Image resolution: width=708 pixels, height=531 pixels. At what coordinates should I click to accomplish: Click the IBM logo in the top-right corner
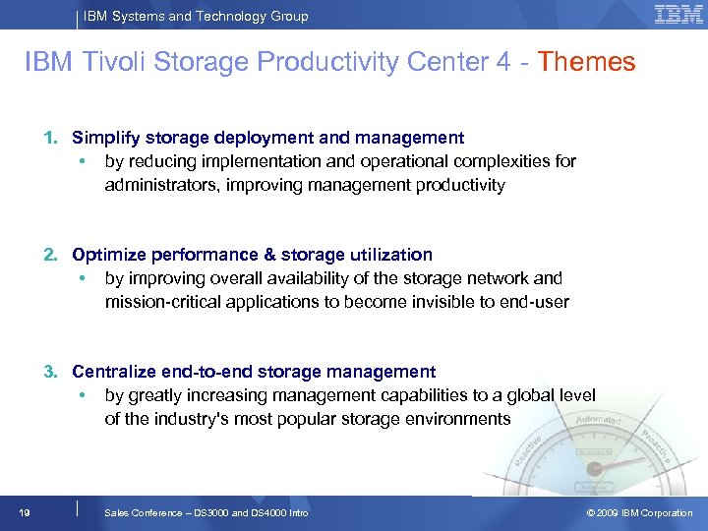click(x=678, y=14)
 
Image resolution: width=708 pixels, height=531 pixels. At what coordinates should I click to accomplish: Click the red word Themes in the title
click(x=587, y=63)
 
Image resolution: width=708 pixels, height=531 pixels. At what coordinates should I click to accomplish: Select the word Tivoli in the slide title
click(x=107, y=63)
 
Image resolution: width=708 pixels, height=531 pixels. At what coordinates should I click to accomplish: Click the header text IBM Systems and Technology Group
click(x=195, y=16)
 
